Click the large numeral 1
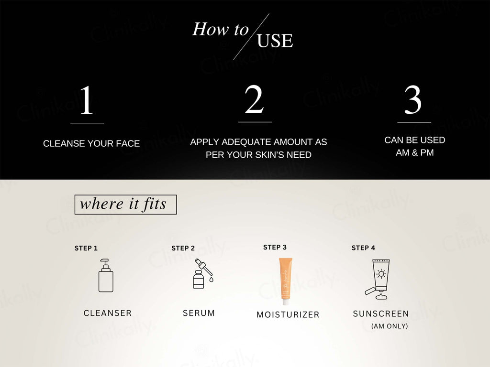(87, 100)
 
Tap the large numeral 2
(255, 99)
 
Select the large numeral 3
(413, 100)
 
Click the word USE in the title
(275, 41)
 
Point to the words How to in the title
(220, 29)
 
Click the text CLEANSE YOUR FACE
(91, 143)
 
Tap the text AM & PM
(415, 152)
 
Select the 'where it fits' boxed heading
(126, 205)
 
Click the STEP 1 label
(86, 248)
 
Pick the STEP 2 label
(183, 248)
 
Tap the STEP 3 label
(275, 248)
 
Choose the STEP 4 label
(364, 248)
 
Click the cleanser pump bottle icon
(106, 275)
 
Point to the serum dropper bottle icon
(203, 273)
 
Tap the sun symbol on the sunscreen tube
(381, 274)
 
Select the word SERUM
(199, 313)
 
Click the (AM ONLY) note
(390, 326)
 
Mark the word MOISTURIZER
(288, 314)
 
